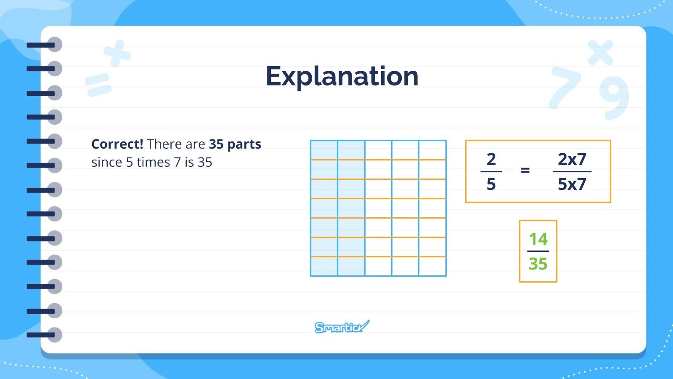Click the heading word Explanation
(342, 76)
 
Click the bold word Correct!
(117, 144)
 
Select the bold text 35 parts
(235, 144)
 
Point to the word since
(106, 162)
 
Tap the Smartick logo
(342, 327)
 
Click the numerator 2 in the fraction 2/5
(491, 159)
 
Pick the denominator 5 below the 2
(491, 184)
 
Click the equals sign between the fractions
(525, 170)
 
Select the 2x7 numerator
(572, 159)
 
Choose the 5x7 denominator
(572, 184)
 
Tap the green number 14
(538, 239)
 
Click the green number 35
(538, 264)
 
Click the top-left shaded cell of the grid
(324, 150)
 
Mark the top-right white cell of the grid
(432, 150)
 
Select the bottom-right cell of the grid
(432, 267)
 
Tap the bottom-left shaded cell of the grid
(324, 267)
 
